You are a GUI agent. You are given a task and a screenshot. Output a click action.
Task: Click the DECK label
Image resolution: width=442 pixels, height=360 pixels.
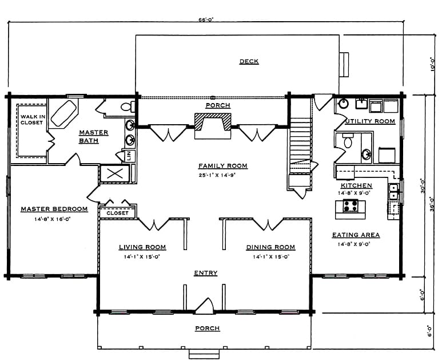(x=249, y=61)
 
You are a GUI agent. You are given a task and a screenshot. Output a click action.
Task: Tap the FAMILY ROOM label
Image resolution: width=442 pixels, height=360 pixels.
(x=222, y=166)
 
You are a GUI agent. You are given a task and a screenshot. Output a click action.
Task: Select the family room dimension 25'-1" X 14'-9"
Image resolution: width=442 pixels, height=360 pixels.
(x=217, y=175)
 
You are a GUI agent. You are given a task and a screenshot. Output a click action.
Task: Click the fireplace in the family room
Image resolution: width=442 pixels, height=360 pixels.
(x=213, y=125)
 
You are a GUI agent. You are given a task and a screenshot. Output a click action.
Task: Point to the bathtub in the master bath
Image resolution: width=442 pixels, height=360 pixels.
(x=63, y=113)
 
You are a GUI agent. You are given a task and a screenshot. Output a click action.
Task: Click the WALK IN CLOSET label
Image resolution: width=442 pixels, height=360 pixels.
(x=33, y=120)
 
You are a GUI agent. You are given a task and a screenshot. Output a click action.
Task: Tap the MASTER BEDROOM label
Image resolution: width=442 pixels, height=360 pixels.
(x=54, y=209)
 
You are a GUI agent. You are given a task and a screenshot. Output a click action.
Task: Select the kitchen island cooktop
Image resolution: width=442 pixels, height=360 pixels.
(x=351, y=205)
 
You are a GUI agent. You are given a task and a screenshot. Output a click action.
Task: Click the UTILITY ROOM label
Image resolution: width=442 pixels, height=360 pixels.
(x=370, y=121)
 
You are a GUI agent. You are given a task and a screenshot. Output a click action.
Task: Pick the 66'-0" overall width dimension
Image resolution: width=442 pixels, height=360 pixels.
(x=206, y=20)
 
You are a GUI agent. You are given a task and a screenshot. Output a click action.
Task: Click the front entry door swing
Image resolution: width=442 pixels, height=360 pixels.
(x=205, y=306)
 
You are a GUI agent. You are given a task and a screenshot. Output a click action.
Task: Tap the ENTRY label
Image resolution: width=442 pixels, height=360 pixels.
(x=206, y=273)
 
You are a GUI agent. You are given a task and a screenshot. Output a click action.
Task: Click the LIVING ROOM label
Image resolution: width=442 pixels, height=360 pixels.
(x=142, y=247)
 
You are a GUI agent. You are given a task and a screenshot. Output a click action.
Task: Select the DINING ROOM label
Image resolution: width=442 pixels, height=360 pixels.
(x=270, y=247)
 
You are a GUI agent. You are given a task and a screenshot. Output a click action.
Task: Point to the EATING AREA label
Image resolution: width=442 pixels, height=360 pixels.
(x=356, y=235)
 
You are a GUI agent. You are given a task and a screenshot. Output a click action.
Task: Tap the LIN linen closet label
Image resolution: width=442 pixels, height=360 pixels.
(x=129, y=156)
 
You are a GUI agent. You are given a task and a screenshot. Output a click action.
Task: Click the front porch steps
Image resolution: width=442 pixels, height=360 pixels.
(x=204, y=354)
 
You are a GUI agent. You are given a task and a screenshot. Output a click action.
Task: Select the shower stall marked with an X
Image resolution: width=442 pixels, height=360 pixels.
(x=115, y=173)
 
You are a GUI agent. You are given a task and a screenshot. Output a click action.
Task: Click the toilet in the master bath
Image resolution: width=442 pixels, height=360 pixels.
(x=128, y=106)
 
